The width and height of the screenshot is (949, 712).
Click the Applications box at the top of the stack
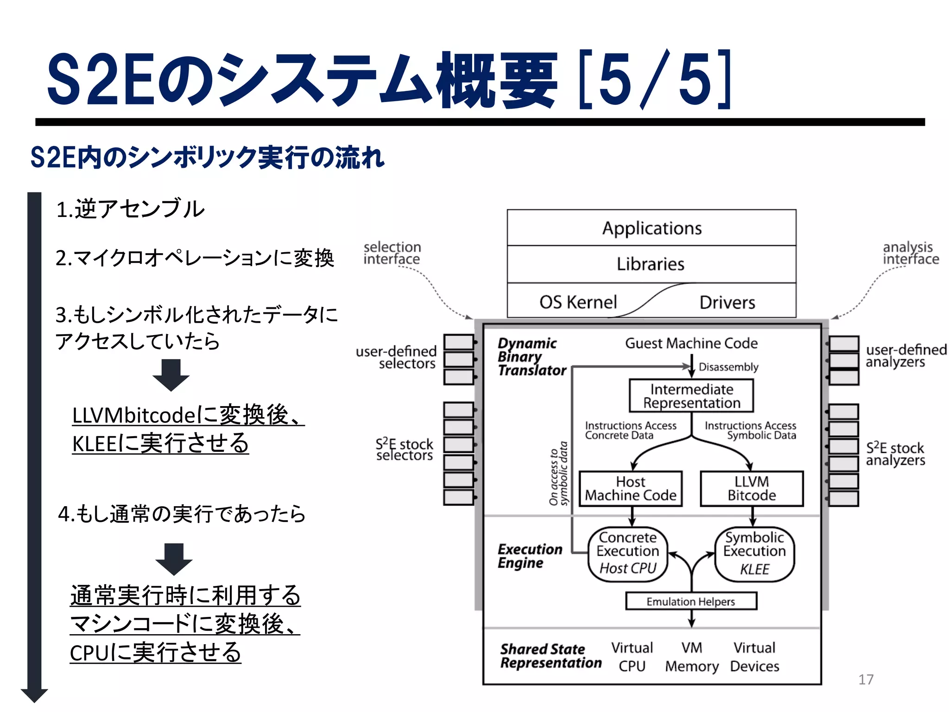tap(652, 228)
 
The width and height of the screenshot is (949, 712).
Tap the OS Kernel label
tap(578, 302)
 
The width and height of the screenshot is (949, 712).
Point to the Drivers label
tap(727, 303)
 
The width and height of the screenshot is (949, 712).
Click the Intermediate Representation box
tap(691, 396)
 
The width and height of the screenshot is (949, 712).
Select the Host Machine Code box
tap(631, 489)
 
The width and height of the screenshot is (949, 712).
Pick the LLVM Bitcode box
tap(752, 489)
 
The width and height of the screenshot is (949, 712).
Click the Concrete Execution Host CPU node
tap(628, 553)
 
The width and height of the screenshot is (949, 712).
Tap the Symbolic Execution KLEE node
tap(754, 554)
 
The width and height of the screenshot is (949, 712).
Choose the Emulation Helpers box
tap(691, 601)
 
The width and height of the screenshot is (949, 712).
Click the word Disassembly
tap(728, 367)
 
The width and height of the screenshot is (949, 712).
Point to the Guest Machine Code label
tap(691, 343)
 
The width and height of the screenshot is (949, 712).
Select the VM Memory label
tap(692, 657)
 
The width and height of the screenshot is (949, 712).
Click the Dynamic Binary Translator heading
tap(531, 357)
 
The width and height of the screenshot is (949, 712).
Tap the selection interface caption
tap(392, 253)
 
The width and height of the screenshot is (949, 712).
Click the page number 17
tap(866, 680)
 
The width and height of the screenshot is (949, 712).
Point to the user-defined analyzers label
tap(906, 356)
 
